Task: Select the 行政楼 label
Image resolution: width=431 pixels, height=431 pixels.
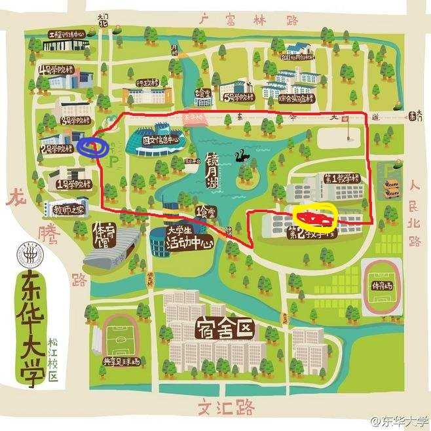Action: coord(149,83)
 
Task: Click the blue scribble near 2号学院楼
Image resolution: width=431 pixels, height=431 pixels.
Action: coord(93,146)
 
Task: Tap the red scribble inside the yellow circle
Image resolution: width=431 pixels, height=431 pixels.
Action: coord(315,217)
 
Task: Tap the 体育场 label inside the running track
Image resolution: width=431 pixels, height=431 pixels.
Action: coord(383,286)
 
